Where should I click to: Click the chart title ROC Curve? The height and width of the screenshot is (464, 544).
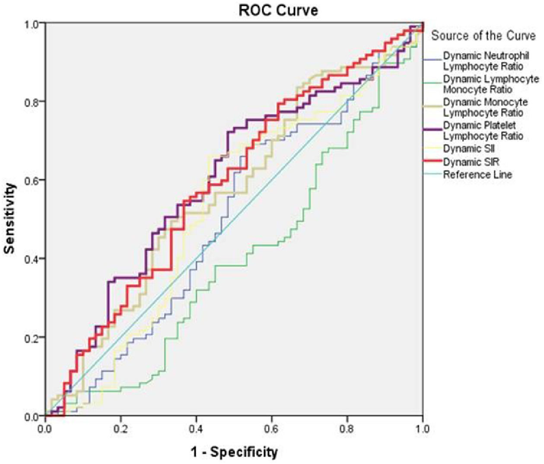(x=278, y=10)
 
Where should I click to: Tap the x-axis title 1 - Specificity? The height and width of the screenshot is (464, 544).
(x=234, y=452)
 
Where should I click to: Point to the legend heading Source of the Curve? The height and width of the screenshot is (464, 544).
(x=484, y=36)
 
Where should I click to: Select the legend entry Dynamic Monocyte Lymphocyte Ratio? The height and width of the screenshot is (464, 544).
(x=486, y=108)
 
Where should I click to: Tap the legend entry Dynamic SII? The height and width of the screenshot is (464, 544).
(x=469, y=149)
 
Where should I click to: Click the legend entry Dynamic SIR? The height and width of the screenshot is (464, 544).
(x=471, y=162)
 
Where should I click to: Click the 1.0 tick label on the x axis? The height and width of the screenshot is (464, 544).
(x=422, y=429)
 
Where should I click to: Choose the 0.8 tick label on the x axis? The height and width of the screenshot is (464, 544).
(x=347, y=429)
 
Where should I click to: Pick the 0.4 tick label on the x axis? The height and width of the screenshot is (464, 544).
(x=196, y=429)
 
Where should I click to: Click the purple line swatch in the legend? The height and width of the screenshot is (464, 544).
(x=433, y=129)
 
